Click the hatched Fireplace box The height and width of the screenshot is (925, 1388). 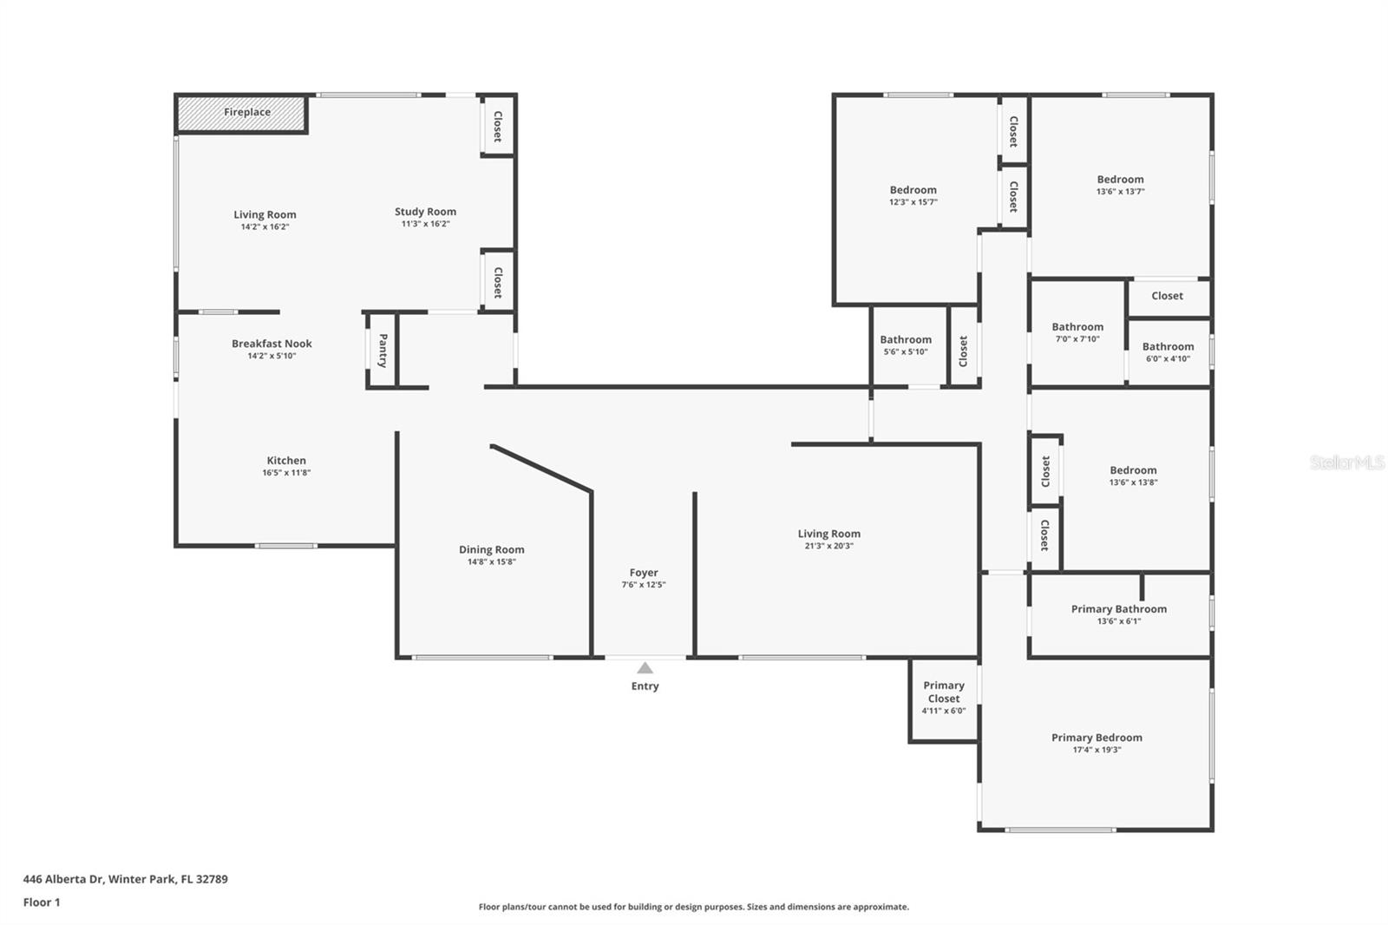[242, 114]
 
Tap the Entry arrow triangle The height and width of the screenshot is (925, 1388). [645, 667]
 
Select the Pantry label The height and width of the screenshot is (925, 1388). [383, 351]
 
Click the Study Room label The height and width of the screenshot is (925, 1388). [426, 212]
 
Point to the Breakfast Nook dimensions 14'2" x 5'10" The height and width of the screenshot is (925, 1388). [272, 356]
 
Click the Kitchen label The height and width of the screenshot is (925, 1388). [286, 460]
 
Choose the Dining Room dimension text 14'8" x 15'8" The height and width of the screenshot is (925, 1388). [492, 561]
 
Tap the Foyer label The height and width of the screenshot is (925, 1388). [644, 572]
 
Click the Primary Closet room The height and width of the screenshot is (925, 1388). [944, 699]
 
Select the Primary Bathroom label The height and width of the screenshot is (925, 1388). [1119, 609]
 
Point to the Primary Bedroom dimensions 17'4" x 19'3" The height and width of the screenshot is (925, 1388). [1097, 750]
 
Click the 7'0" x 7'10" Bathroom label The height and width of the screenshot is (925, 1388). [1077, 327]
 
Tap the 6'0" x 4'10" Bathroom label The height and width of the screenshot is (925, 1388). [1168, 346]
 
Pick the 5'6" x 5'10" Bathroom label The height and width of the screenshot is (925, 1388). [906, 339]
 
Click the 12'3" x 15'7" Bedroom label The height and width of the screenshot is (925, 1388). [913, 190]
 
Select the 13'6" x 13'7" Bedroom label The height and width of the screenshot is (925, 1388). [1120, 179]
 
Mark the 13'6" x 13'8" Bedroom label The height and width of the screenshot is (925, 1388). [1133, 470]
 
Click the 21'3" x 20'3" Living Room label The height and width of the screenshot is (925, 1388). [829, 533]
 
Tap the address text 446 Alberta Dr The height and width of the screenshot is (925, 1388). [62, 878]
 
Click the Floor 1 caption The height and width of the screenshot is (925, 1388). [42, 902]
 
